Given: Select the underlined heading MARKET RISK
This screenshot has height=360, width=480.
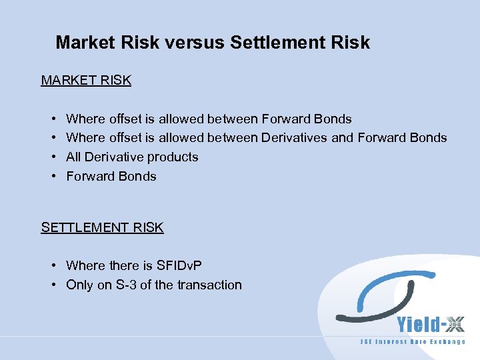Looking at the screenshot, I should click(x=86, y=80).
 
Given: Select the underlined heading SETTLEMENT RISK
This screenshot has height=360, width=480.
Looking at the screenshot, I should click(x=102, y=227).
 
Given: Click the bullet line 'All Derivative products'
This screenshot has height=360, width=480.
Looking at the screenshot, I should click(x=132, y=157).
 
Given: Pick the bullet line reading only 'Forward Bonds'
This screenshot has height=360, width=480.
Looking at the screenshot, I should click(x=111, y=176).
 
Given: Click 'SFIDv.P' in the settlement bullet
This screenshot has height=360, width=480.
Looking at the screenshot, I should click(x=179, y=265).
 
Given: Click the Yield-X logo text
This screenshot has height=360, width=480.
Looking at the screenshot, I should click(x=431, y=325).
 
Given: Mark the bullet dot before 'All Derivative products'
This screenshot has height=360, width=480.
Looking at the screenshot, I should click(x=53, y=157).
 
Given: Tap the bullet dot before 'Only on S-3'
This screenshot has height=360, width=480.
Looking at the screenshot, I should click(x=53, y=285).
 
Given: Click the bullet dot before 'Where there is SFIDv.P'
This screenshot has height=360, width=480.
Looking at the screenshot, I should click(x=53, y=266).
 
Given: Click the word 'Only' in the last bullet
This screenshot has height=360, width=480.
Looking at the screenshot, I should click(x=79, y=285).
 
